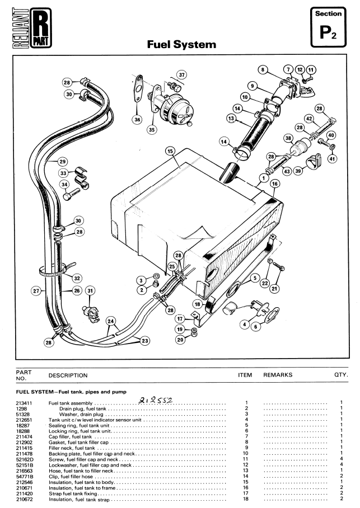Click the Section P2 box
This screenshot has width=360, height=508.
coord(328,27)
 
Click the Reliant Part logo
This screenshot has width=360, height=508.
coord(32,28)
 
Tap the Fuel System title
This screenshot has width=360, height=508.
coord(181,44)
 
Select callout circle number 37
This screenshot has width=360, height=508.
coord(181,75)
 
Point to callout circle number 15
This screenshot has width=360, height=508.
coord(170,151)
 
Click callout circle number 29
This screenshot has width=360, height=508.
coord(63,161)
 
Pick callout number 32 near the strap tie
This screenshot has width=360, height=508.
coord(77,278)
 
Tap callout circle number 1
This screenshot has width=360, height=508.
coord(264,178)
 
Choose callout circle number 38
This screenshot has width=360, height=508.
coord(288,138)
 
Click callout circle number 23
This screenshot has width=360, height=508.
coord(144,341)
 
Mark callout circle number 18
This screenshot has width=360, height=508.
coord(198,304)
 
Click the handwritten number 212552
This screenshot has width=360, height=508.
coord(155,401)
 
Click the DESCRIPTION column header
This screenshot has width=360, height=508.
coord(68,375)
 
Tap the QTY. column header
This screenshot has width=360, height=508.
coord(341,375)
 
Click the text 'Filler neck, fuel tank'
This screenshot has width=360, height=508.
coord(72,448)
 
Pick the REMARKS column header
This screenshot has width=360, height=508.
coord(278,375)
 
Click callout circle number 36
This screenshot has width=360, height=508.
coord(138,120)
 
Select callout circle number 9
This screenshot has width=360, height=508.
coord(253,86)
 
